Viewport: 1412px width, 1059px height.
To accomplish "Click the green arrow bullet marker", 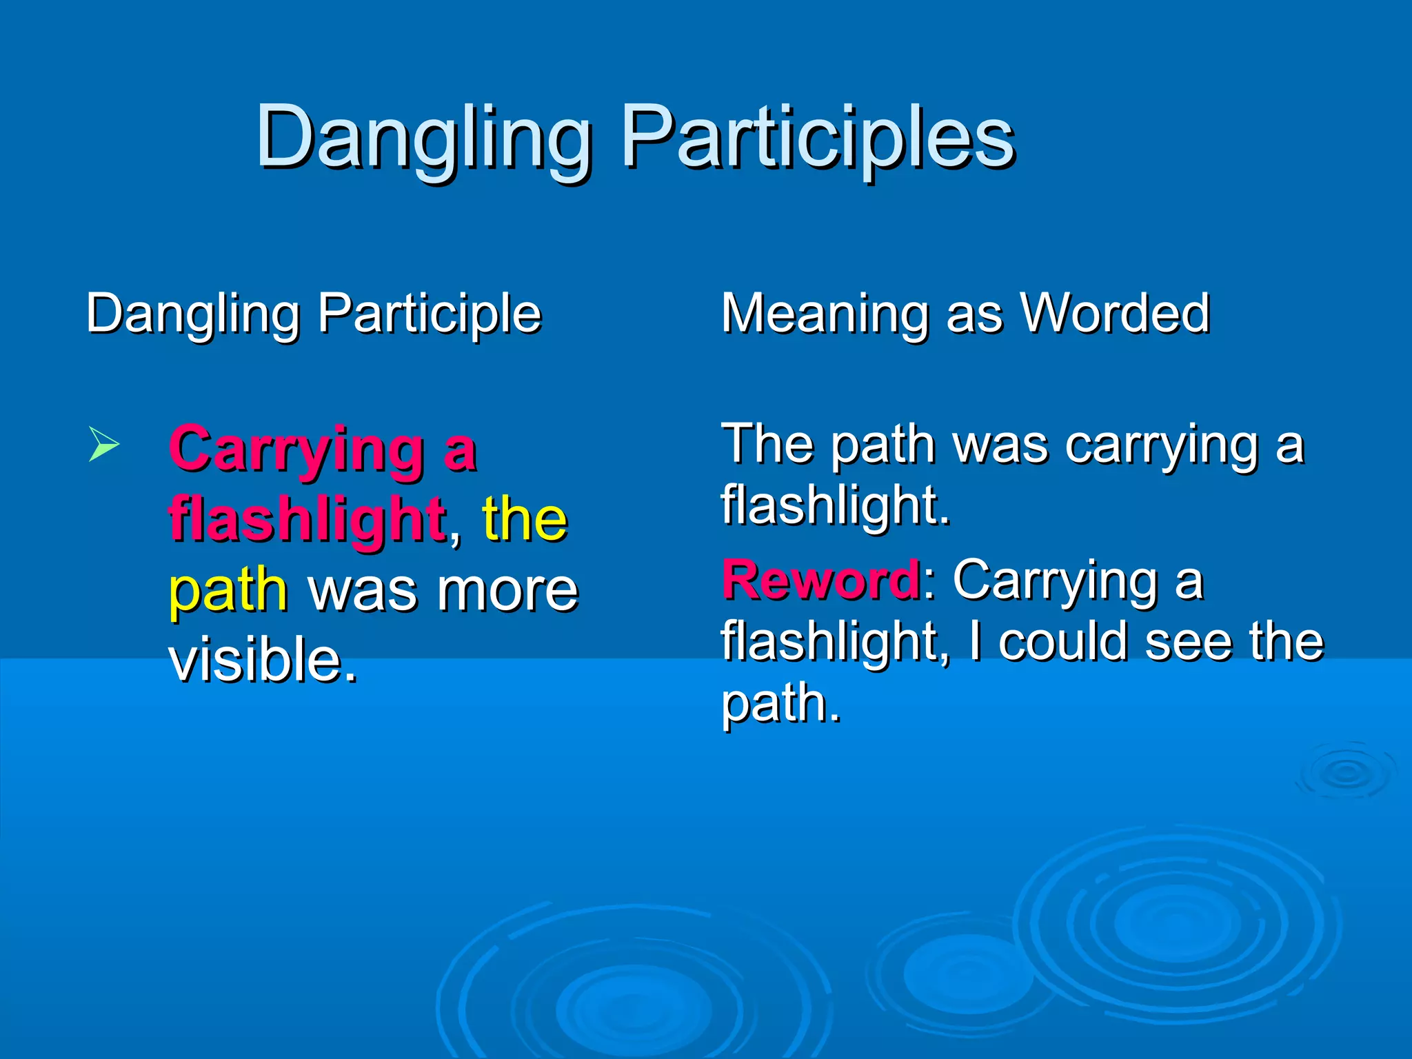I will point(104,444).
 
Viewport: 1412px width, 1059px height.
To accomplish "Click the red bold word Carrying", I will point(296,449).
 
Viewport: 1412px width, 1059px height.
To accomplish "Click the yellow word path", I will point(228,592).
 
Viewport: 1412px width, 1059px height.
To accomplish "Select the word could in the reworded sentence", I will point(1065,642).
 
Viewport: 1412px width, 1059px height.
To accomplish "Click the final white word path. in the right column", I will point(780,703).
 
